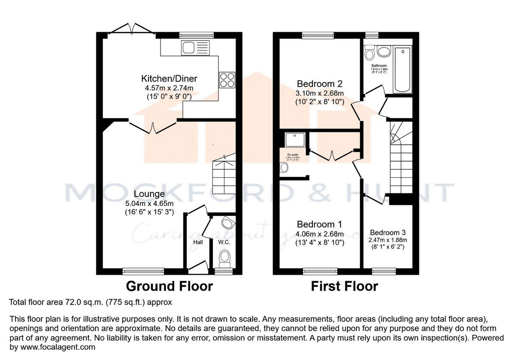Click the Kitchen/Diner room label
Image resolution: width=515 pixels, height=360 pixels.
click(169, 79)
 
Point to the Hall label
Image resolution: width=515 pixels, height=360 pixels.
click(198, 242)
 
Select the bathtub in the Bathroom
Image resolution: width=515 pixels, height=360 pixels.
click(403, 70)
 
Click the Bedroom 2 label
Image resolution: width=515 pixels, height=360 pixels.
click(320, 83)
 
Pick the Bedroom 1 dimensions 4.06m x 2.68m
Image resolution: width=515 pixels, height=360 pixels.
click(320, 234)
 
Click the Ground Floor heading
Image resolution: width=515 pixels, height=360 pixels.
click(169, 286)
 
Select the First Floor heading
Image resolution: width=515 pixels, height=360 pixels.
click(345, 286)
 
